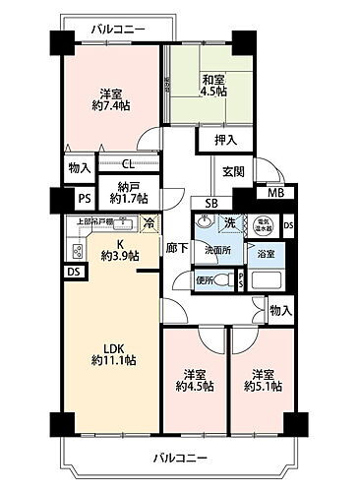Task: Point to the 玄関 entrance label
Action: [x=233, y=171]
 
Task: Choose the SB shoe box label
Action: [x=210, y=204]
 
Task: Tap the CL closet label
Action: [x=129, y=165]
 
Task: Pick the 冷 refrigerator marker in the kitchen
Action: [x=148, y=221]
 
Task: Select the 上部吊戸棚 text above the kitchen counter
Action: [x=93, y=221]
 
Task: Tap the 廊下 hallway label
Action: [x=173, y=248]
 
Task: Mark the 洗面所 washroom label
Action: [x=217, y=250]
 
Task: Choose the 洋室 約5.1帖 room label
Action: [x=261, y=380]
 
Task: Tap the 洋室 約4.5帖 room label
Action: [x=194, y=380]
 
